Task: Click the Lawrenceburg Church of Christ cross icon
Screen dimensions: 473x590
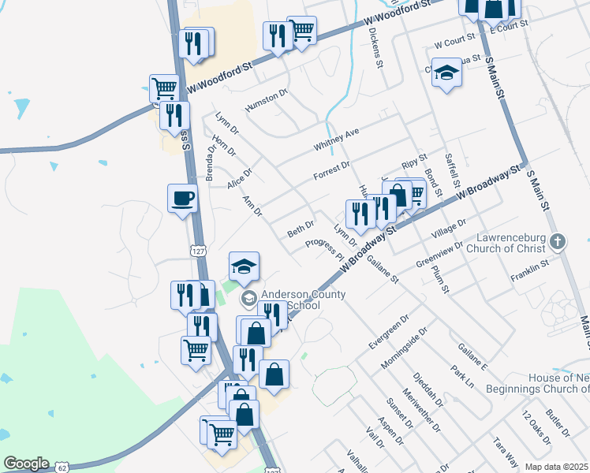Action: point(558,241)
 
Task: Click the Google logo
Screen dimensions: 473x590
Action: point(26,464)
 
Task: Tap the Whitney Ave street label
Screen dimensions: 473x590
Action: point(336,139)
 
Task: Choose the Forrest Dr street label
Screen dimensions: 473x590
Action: point(331,169)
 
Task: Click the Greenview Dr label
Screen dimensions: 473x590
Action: point(439,255)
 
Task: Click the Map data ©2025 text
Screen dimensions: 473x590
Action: point(555,467)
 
